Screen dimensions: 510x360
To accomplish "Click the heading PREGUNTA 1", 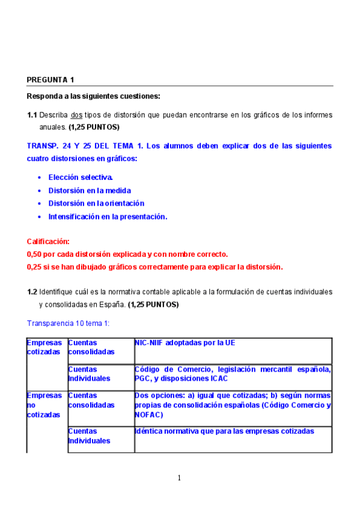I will point(50,80).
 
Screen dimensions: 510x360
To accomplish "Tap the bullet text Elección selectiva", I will point(81,177).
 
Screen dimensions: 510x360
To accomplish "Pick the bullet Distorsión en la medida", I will point(90,191).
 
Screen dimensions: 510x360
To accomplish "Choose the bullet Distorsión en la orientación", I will point(96,203).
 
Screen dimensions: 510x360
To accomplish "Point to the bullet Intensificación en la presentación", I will point(108,217).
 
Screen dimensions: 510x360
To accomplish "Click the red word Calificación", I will point(48,241).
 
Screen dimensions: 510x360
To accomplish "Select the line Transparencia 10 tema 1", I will point(68,323).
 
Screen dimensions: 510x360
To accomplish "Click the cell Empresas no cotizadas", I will point(44,405).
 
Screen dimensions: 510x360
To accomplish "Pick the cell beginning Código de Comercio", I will point(233,373).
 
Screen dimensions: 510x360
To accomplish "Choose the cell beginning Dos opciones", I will point(233,405).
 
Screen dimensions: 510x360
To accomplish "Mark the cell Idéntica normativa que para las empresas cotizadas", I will point(224,431).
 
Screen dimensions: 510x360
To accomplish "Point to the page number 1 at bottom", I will point(179,478).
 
